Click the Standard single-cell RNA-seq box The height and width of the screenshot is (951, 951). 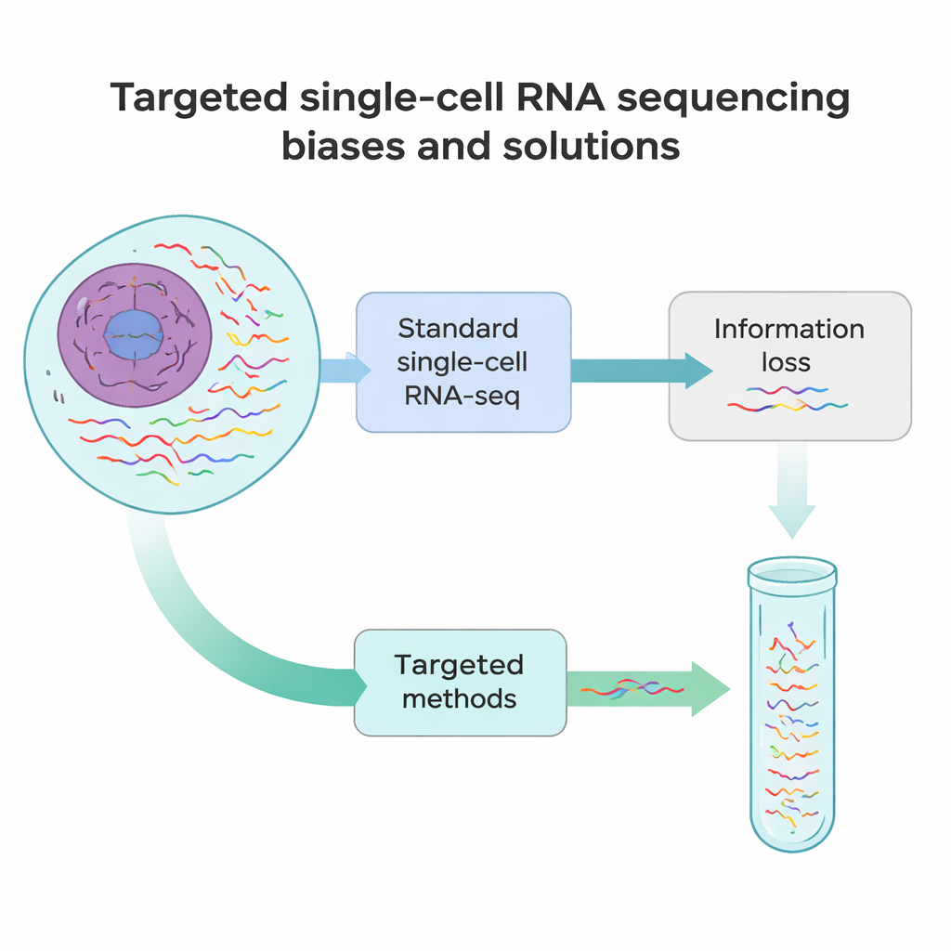[x=463, y=362]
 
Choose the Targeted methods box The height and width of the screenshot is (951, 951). [x=460, y=682]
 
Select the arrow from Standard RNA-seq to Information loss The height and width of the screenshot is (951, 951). [x=641, y=370]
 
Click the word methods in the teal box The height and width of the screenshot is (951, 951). [x=459, y=698]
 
